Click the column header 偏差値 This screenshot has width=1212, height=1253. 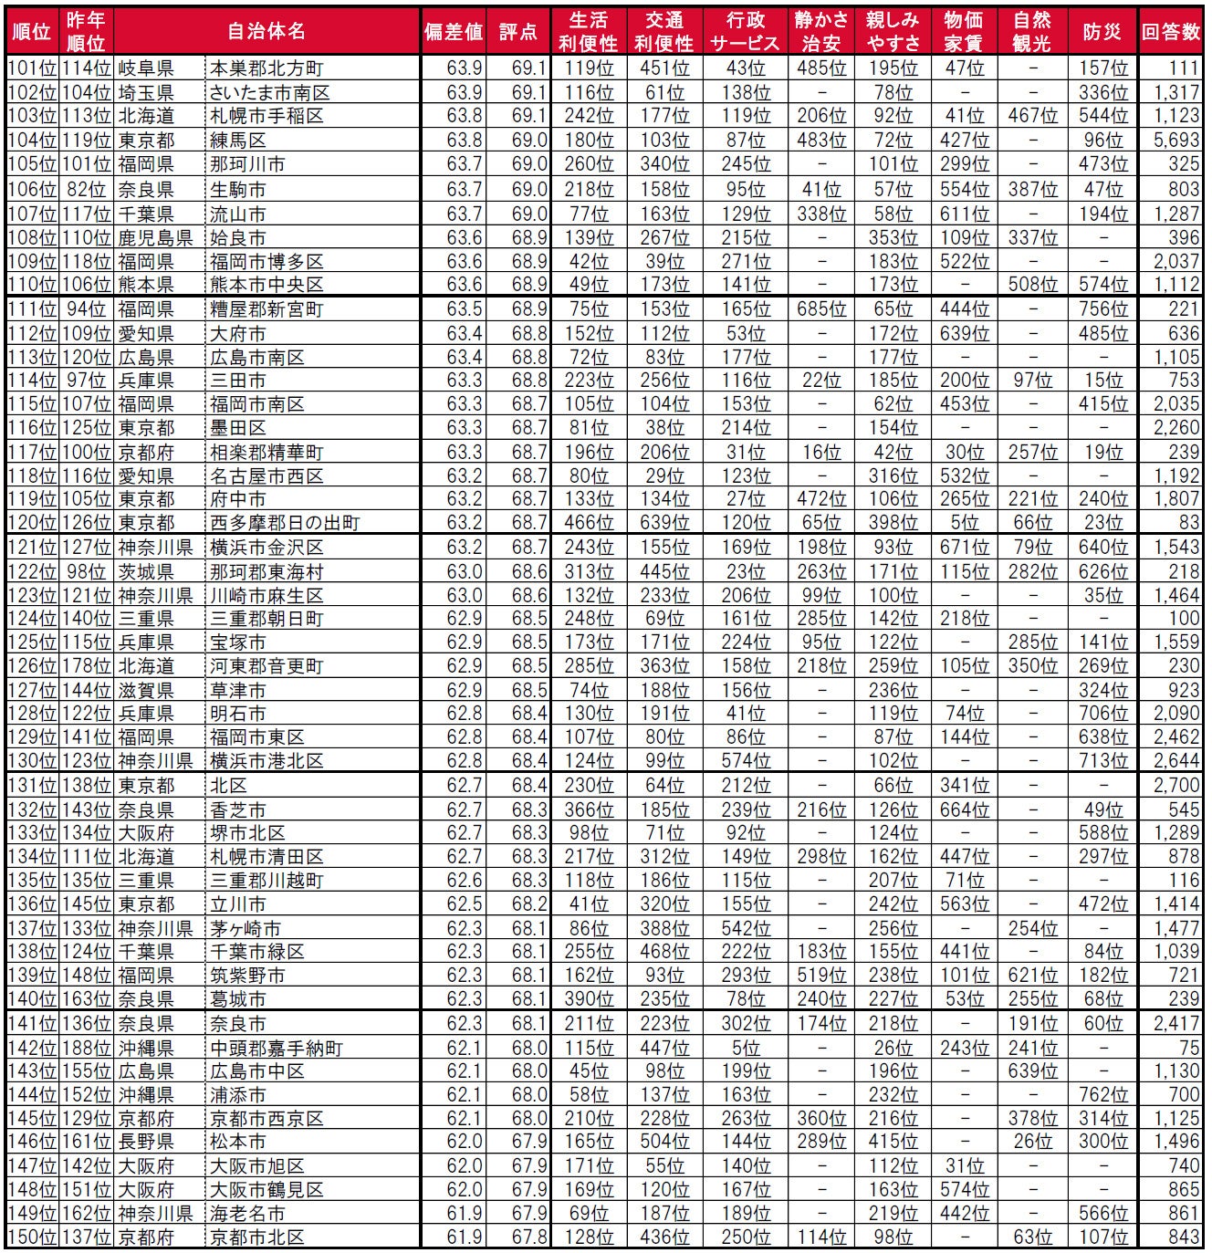pyautogui.click(x=453, y=32)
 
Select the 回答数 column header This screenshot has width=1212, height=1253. pyautogui.click(x=1171, y=32)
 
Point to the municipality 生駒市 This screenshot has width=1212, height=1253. pyautogui.click(x=238, y=189)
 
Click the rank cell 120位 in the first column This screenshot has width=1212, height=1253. pyautogui.click(x=33, y=523)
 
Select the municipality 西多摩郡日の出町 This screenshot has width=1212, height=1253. pyautogui.click(x=285, y=523)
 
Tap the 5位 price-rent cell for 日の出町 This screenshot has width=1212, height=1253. pyautogui.click(x=964, y=523)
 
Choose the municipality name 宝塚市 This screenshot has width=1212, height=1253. pyautogui.click(x=238, y=642)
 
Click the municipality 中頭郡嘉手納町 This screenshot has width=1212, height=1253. pyautogui.click(x=277, y=1048)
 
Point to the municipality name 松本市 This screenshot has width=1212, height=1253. pyautogui.click(x=238, y=1142)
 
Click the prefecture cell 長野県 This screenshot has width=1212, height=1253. pyautogui.click(x=146, y=1142)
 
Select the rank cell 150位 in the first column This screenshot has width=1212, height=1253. pyautogui.click(x=33, y=1237)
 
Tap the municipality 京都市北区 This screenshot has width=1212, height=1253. pyautogui.click(x=257, y=1237)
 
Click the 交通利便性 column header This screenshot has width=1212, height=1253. pyautogui.click(x=663, y=32)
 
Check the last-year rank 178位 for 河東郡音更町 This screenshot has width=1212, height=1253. pyautogui.click(x=86, y=666)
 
